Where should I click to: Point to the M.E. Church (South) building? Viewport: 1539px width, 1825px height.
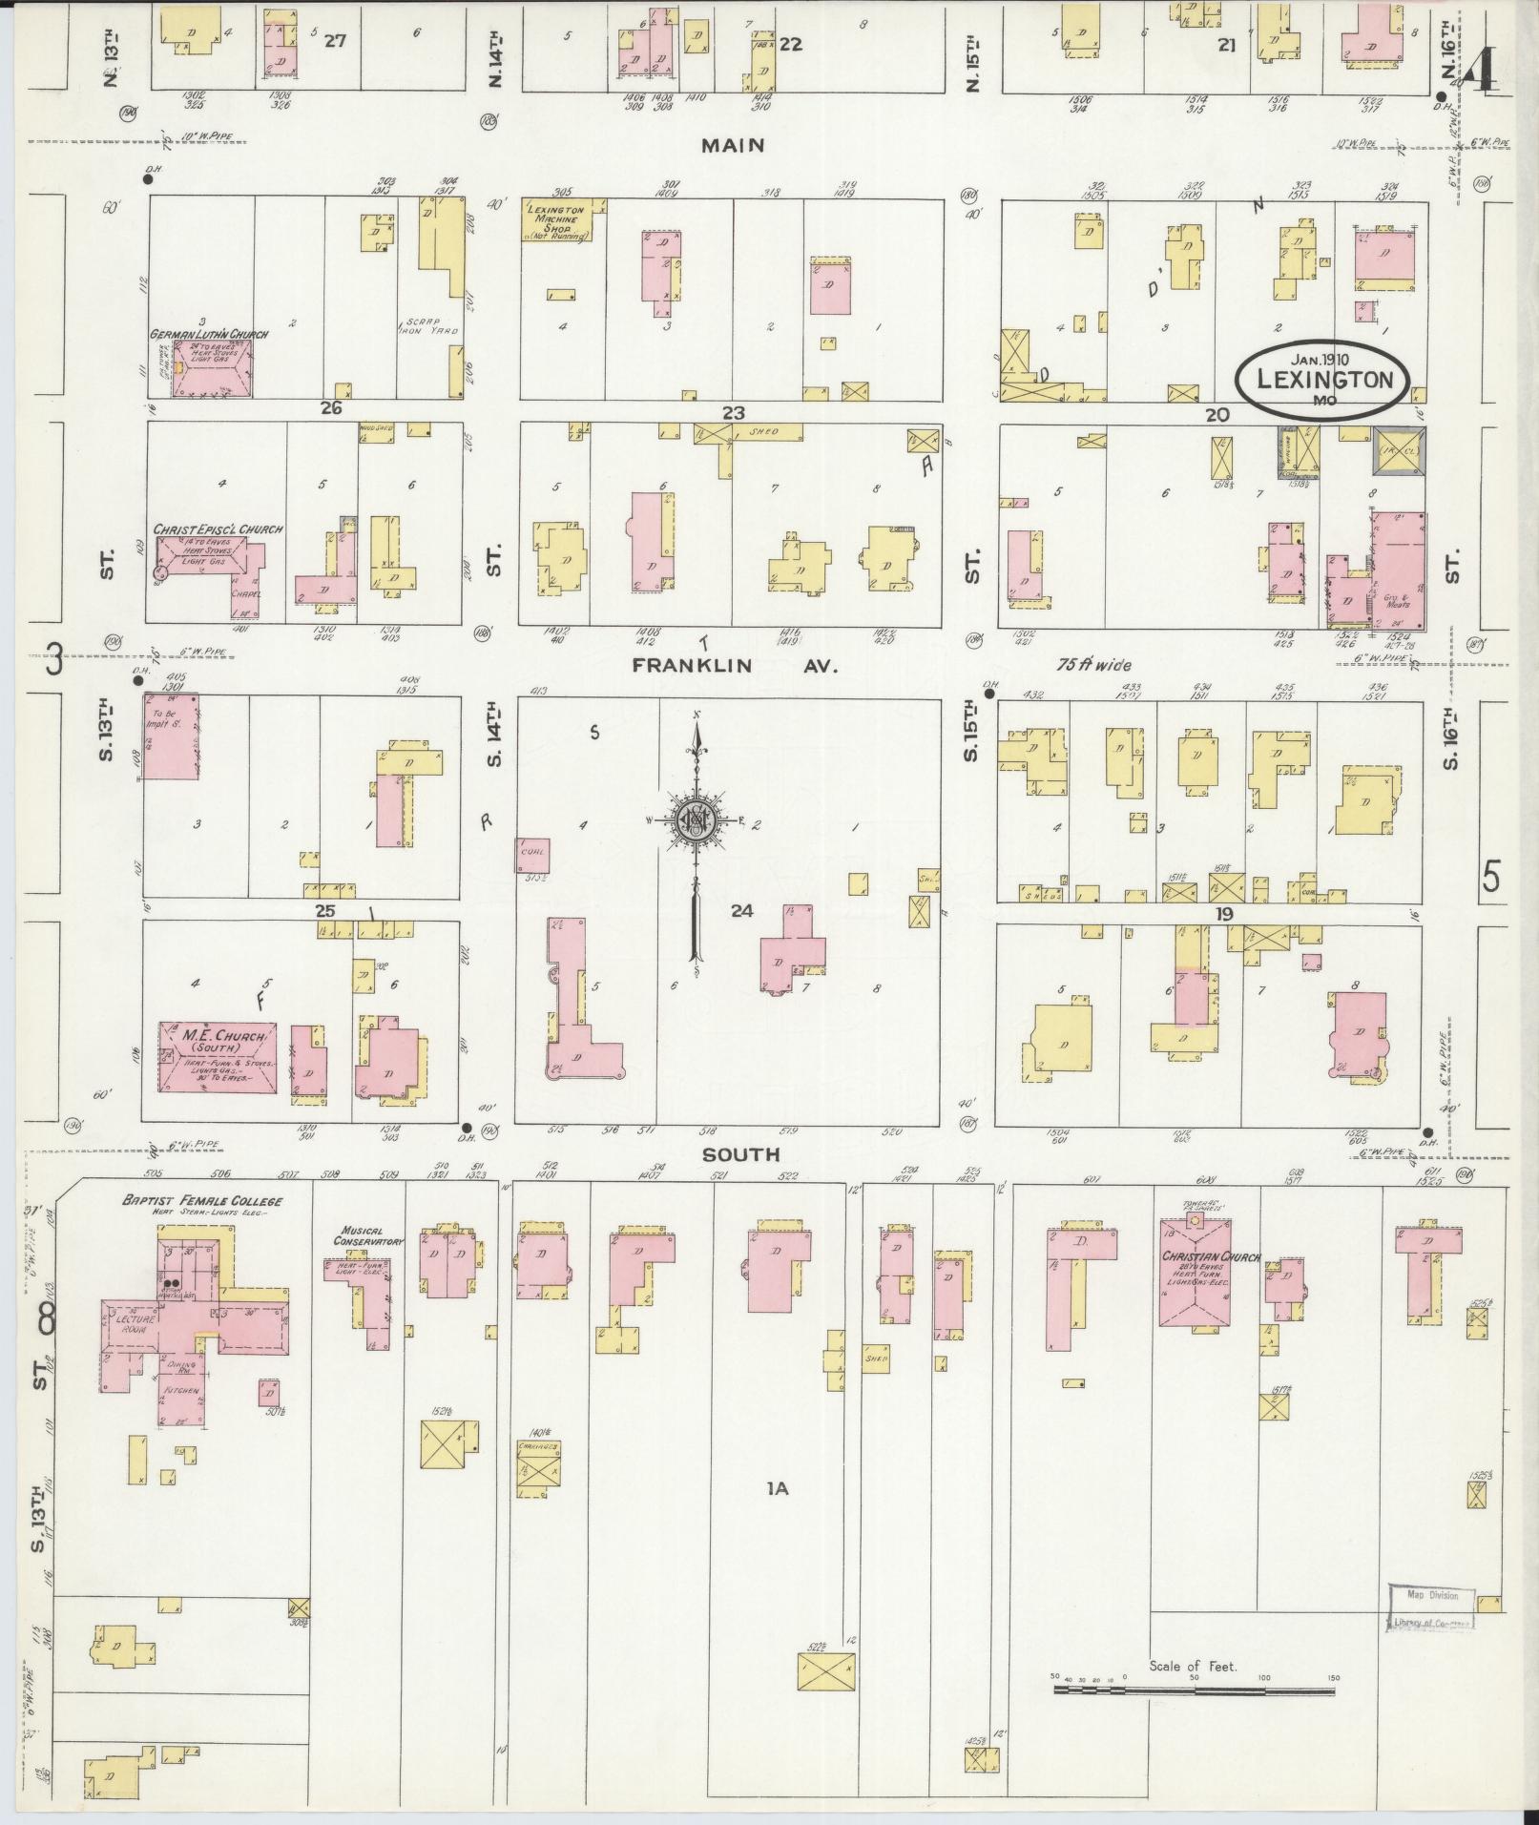(x=218, y=1056)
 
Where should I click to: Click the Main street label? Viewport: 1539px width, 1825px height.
(x=733, y=146)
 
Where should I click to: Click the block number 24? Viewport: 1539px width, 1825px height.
(x=741, y=911)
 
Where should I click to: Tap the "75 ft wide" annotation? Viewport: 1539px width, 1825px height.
(x=1095, y=665)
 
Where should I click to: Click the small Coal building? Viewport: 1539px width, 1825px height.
(x=532, y=855)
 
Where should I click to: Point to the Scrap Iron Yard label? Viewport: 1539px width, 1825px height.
(x=431, y=325)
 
